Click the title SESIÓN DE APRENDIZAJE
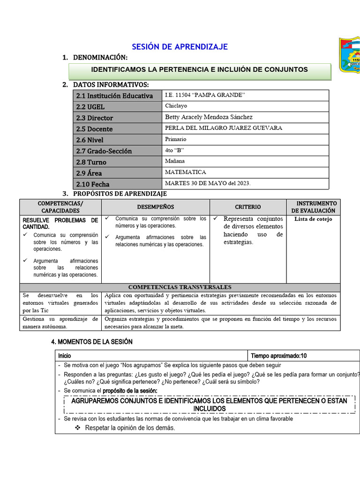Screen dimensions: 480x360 [180, 46]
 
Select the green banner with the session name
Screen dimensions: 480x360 [200, 70]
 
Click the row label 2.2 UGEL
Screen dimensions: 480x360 [90, 107]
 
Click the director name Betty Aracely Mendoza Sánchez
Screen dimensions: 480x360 [209, 117]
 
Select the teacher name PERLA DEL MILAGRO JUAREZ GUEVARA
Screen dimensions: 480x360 [224, 128]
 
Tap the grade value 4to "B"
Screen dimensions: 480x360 [175, 150]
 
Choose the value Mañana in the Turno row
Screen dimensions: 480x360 [175, 161]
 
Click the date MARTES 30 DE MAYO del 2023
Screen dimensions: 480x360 [208, 183]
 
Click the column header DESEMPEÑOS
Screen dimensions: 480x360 [156, 207]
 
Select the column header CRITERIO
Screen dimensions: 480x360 [248, 207]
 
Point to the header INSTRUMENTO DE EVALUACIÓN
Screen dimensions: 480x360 [314, 207]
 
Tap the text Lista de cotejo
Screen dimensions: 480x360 [313, 219]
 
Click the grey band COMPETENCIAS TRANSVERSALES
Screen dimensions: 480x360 [180, 287]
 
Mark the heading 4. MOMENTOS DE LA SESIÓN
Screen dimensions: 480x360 [92, 342]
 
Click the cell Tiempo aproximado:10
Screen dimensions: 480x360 [279, 356]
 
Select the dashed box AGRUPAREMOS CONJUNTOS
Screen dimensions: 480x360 [209, 405]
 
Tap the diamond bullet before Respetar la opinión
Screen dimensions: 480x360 [78, 428]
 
